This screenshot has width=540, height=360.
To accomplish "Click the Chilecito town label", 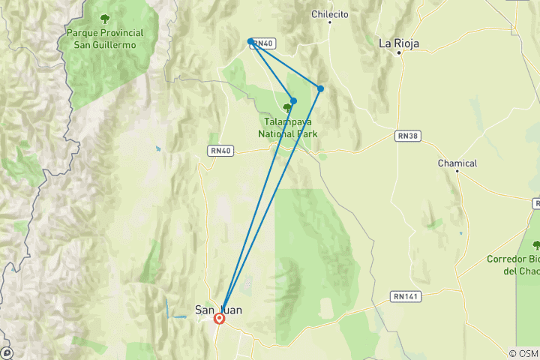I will (x=330, y=13).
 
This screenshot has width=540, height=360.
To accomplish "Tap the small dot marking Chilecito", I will (x=330, y=22).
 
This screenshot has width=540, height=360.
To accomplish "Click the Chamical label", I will (x=457, y=163).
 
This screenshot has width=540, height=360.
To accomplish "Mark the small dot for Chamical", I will (x=457, y=172).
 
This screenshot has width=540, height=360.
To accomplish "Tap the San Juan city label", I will (x=218, y=308).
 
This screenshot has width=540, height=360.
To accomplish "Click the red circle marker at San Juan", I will (x=220, y=319).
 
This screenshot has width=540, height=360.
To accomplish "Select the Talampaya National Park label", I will (x=287, y=127).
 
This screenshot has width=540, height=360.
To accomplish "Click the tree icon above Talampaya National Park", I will (x=287, y=108).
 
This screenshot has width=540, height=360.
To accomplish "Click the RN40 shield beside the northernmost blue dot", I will (x=262, y=44).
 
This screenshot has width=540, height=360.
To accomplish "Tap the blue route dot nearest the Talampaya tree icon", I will (x=294, y=101).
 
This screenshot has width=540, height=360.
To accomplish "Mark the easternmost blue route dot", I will (x=321, y=88).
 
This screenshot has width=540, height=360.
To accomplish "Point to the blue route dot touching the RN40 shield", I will (x=250, y=41).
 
